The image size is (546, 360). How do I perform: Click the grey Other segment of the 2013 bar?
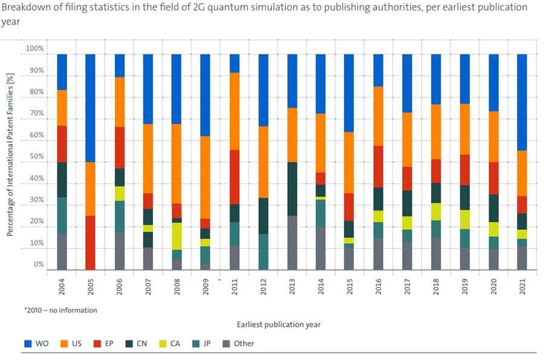coord(291,243)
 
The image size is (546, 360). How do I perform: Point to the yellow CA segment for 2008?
coord(177,236)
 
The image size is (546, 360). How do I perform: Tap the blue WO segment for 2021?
coord(522,102)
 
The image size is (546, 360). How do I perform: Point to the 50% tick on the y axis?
coord(36,157)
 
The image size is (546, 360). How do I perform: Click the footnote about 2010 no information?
coord(60,310)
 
